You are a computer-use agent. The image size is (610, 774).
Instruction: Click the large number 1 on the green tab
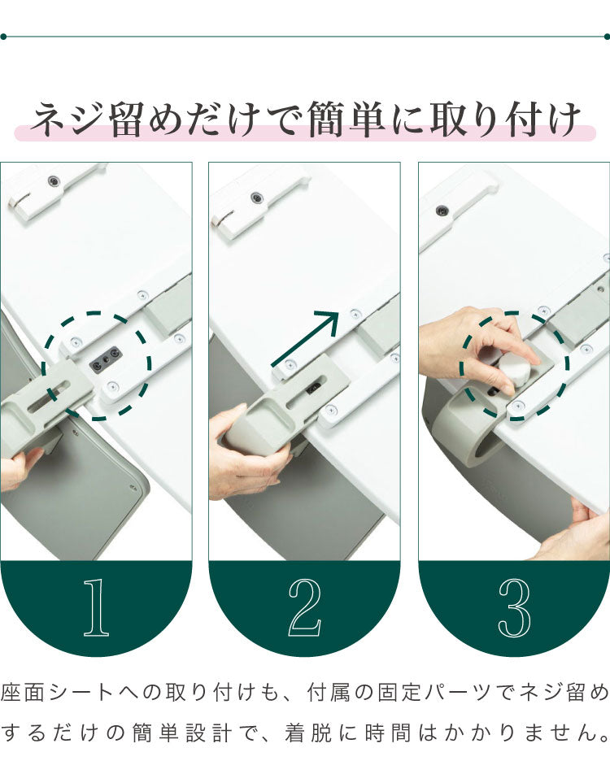96,608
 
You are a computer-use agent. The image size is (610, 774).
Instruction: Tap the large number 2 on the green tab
304,608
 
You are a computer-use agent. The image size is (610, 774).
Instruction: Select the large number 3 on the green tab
514,608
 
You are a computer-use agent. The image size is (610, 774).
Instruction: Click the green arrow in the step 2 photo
305,340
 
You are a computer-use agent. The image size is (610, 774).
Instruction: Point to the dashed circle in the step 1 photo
97,366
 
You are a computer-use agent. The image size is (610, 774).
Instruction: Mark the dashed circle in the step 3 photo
514,366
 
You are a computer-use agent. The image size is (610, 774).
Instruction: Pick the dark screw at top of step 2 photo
257,197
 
